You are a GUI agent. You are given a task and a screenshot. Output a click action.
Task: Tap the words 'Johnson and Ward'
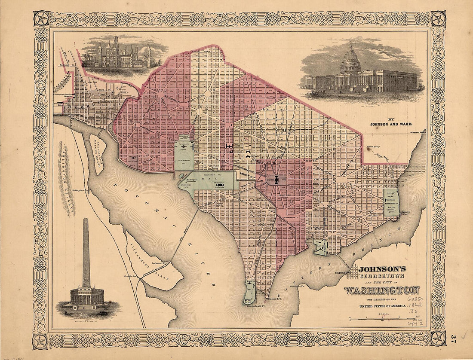pos(391,124)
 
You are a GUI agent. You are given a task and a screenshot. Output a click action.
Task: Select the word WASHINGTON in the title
pos(381,290)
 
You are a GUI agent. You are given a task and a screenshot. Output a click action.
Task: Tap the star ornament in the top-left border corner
pos(42,19)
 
